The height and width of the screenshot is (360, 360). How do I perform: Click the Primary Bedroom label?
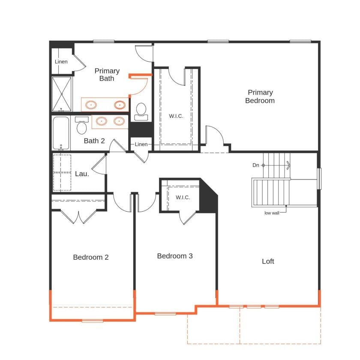click(x=260, y=96)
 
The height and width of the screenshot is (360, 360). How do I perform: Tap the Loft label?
click(x=268, y=261)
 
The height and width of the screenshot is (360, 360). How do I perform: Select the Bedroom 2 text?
click(x=90, y=257)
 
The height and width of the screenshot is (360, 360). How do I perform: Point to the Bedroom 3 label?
click(x=175, y=256)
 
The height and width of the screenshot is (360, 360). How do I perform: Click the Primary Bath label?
click(x=107, y=75)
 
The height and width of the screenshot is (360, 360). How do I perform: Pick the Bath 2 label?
click(x=94, y=141)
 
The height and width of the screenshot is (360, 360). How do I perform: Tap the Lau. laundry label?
click(x=82, y=174)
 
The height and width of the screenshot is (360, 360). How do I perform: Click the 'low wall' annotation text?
click(x=271, y=213)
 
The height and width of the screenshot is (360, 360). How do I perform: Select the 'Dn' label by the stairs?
click(x=256, y=165)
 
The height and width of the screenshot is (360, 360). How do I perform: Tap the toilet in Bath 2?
click(x=81, y=125)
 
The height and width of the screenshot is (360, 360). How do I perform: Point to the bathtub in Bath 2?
click(x=61, y=133)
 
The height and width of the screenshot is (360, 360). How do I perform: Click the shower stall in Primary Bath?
click(x=62, y=94)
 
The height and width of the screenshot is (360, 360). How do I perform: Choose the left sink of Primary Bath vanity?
click(x=91, y=105)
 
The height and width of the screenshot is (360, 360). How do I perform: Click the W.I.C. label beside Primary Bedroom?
click(x=176, y=116)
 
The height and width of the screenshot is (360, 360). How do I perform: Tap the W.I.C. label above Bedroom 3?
click(x=183, y=197)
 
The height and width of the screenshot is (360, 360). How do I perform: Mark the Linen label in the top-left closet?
click(x=61, y=62)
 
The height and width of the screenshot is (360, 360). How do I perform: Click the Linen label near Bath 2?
click(x=141, y=144)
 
